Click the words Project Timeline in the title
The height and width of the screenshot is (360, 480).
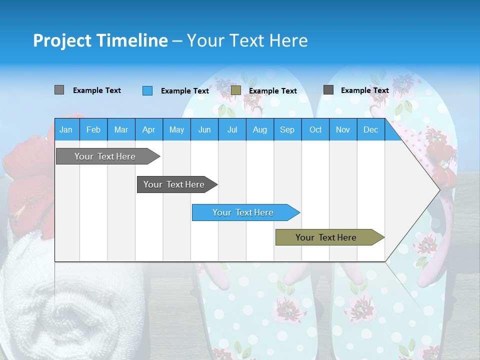coord(100,40)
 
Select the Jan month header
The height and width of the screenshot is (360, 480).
coord(66,130)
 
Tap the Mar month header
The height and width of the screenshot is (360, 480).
coord(121,130)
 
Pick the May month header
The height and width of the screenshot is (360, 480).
coord(176,130)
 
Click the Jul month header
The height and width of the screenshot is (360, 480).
coord(232,130)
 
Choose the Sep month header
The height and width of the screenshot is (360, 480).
coord(287,130)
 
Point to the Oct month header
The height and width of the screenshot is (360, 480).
coord(315,130)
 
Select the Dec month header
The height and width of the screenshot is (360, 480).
coord(370,130)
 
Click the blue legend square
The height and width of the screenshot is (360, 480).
coord(147,90)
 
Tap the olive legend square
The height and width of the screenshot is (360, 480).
coord(236,90)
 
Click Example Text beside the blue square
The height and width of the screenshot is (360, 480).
coord(184,91)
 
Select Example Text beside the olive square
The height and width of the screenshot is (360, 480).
coord(272,91)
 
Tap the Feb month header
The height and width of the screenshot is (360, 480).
coord(93,130)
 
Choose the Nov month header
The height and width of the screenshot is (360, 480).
coord(343,130)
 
